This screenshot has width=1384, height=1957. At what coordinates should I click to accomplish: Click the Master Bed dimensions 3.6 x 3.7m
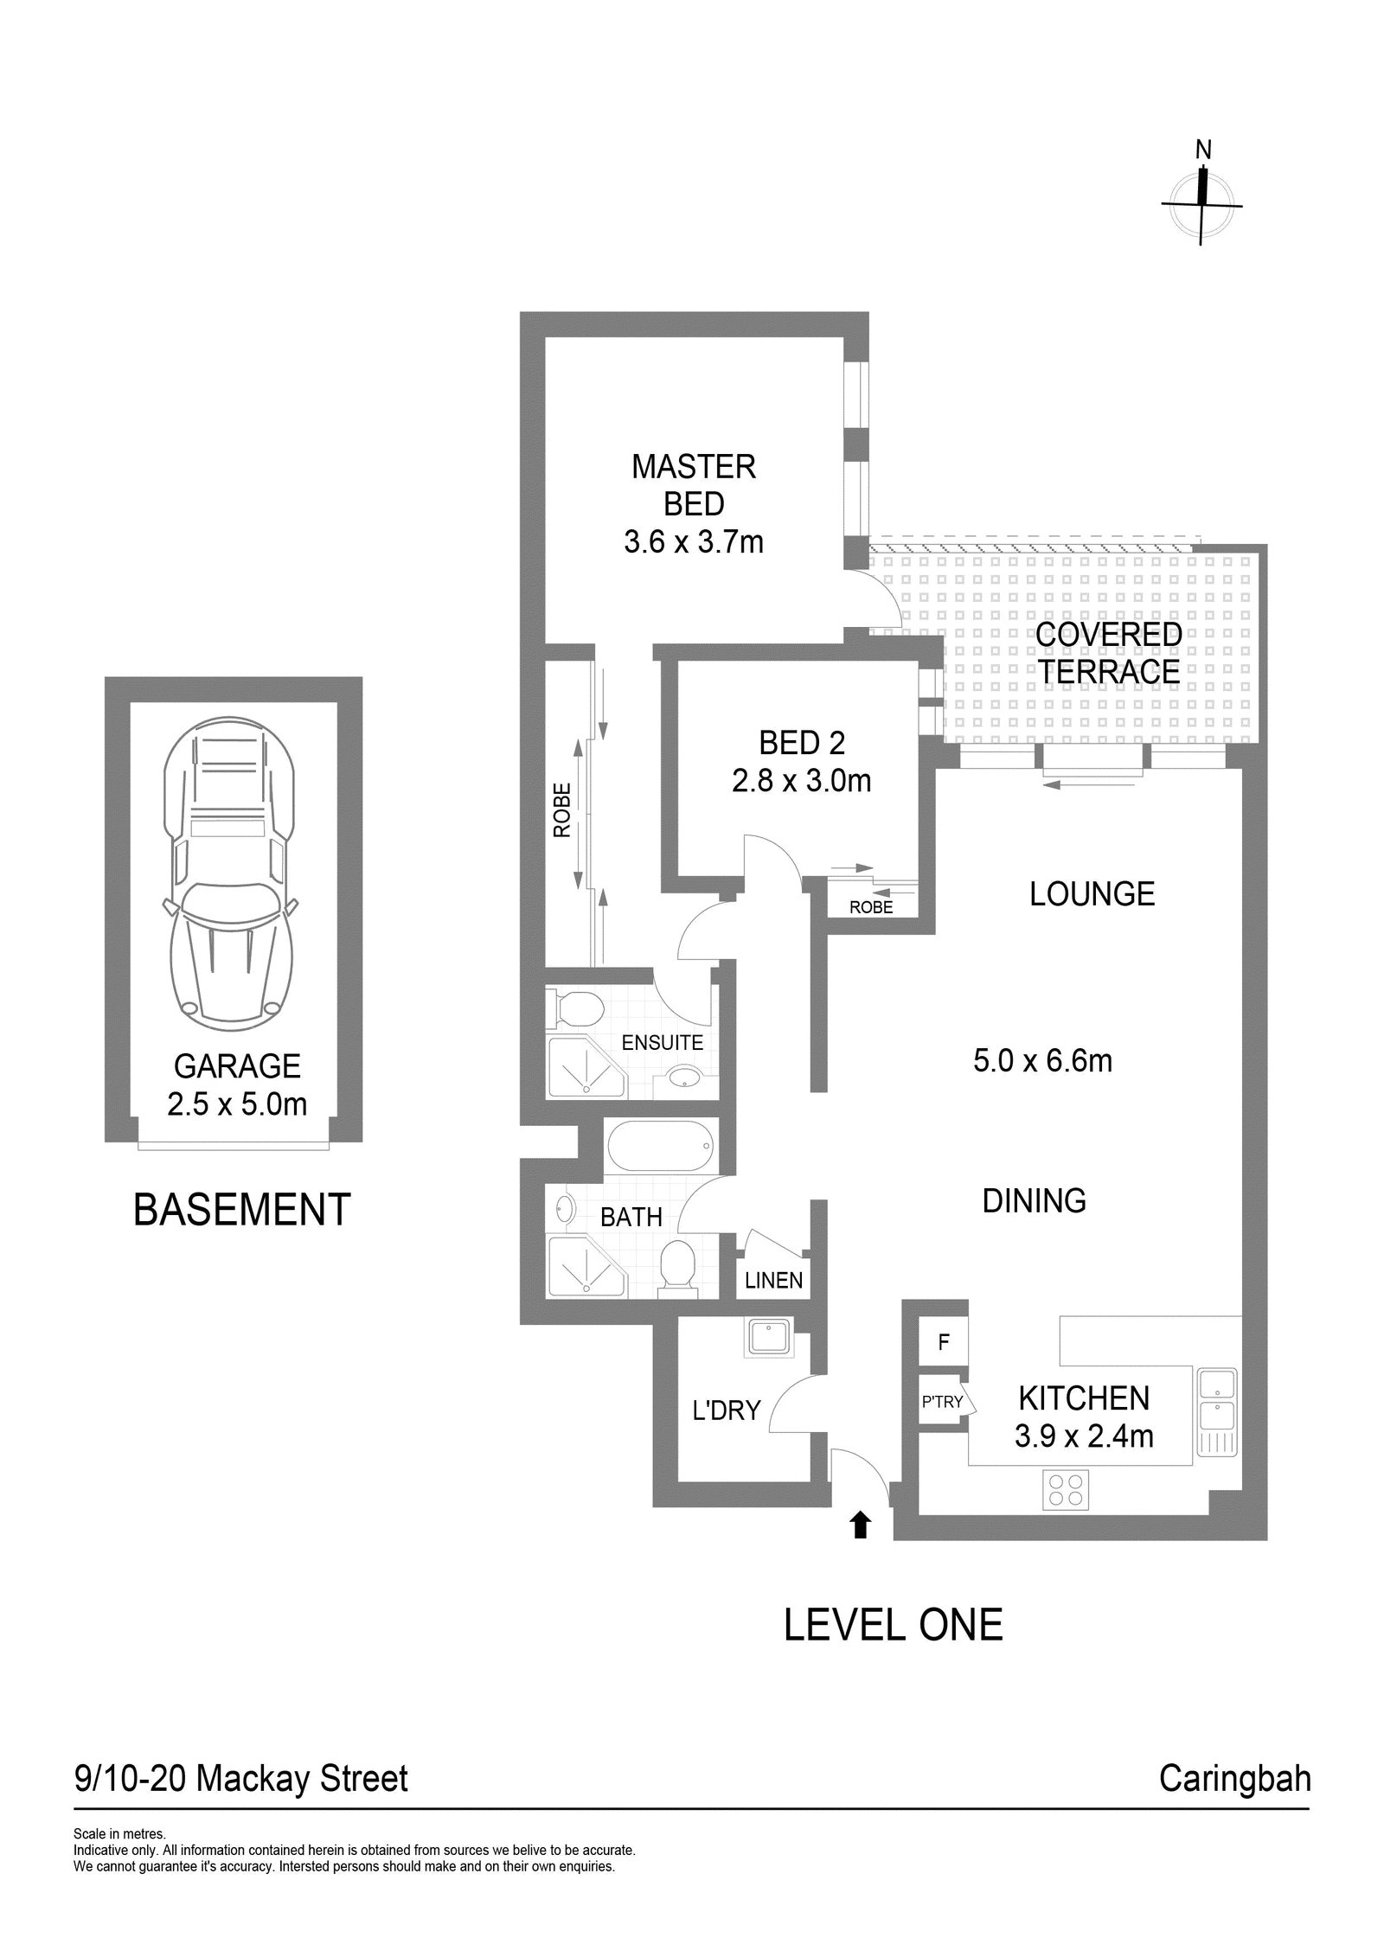click(x=693, y=542)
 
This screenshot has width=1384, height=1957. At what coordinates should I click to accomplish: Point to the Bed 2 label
click(x=801, y=742)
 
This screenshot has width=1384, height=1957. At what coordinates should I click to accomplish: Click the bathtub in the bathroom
click(x=658, y=1148)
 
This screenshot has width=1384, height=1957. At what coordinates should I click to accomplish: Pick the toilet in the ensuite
click(x=577, y=1008)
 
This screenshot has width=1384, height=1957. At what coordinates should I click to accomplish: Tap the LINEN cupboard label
click(x=773, y=1280)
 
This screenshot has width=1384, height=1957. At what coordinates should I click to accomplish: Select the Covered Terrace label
click(x=1108, y=652)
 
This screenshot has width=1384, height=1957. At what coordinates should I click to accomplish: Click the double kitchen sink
click(x=1217, y=1410)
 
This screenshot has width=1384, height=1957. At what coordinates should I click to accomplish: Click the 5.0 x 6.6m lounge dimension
click(x=1042, y=1060)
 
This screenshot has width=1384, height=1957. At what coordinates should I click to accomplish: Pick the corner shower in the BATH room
click(x=584, y=1269)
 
